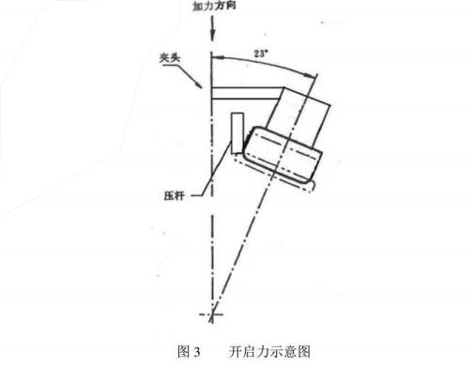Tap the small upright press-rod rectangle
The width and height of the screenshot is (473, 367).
point(236,129)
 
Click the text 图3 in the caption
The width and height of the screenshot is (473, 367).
point(190,352)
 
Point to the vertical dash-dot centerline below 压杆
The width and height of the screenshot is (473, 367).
point(213,253)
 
